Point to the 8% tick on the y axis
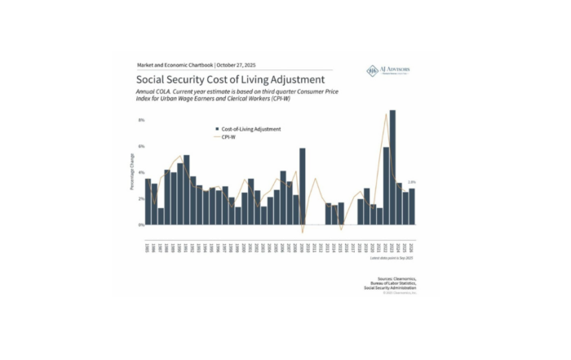[141, 120]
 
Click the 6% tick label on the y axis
[141, 146]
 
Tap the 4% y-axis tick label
[141, 172]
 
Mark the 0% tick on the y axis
[141, 224]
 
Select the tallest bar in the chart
[392, 167]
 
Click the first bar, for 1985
[148, 202]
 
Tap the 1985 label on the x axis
[148, 246]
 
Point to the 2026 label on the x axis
[412, 246]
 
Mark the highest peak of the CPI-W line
[386, 114]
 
